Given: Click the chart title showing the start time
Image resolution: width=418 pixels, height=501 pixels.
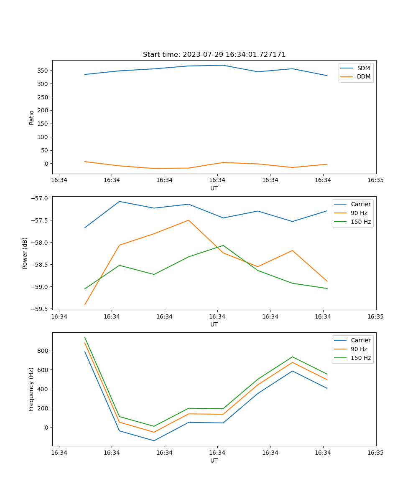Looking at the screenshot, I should click(214, 55).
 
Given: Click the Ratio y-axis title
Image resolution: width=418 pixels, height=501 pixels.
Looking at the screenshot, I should click(32, 117).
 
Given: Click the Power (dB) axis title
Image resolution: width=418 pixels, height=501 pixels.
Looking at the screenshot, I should click(25, 253).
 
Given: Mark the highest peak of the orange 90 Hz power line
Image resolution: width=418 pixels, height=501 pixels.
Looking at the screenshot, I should click(189, 220).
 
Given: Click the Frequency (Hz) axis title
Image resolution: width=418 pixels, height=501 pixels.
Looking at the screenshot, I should click(31, 390).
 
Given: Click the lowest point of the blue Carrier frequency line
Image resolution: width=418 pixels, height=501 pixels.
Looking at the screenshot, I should click(154, 440).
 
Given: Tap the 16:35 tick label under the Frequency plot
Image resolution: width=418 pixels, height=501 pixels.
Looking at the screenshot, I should click(376, 453).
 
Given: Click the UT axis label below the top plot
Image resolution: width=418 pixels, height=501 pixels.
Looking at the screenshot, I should click(214, 188).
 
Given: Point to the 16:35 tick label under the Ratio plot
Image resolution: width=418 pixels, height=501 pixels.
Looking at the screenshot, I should click(376, 180).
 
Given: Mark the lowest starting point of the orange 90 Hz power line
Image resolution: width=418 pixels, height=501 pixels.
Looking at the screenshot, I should click(85, 305).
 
